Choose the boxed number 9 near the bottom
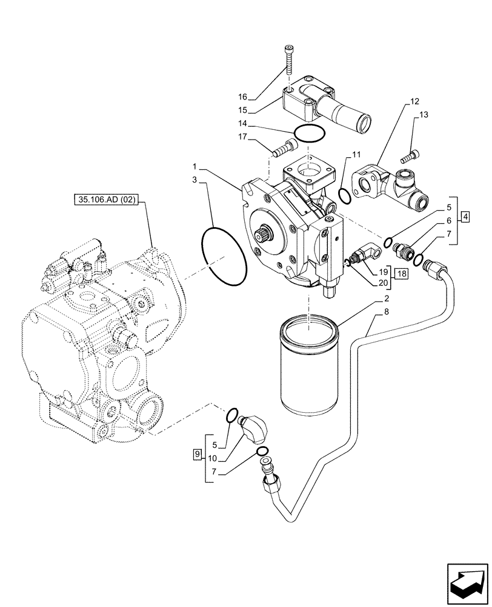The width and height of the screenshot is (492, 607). pyautogui.click(x=196, y=453)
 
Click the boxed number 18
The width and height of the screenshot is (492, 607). pyautogui.click(x=402, y=274)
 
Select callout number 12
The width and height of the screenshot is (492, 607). pyautogui.click(x=414, y=102)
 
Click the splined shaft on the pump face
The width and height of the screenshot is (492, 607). pyautogui.click(x=265, y=234)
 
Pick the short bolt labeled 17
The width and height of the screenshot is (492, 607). pyautogui.click(x=284, y=147)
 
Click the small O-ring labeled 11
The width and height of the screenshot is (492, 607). pyautogui.click(x=344, y=197)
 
